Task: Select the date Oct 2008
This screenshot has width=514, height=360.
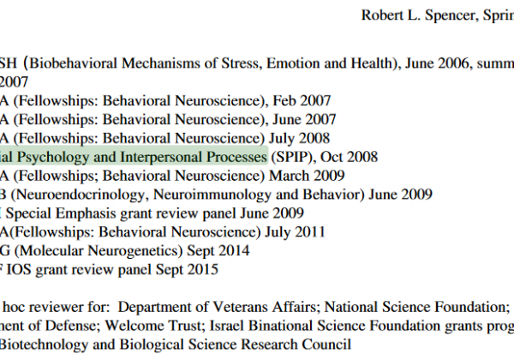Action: pyautogui.click(x=349, y=158)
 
